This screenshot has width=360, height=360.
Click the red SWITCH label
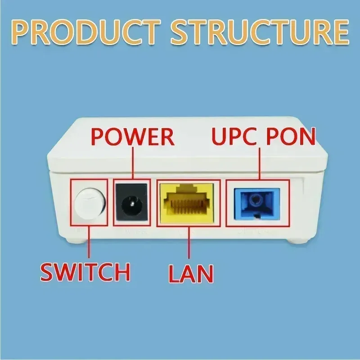click(x=85, y=271)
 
